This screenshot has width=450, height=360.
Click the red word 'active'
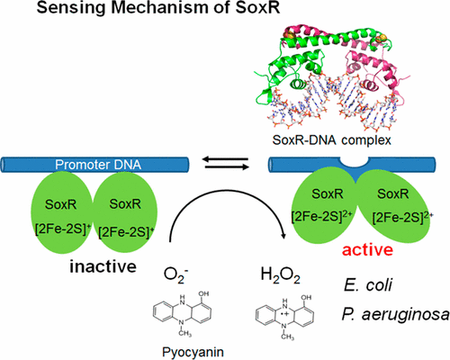pyautogui.click(x=367, y=249)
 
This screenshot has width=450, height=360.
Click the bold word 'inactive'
pyautogui.click(x=103, y=266)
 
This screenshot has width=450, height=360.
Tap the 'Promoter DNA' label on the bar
pyautogui.click(x=98, y=165)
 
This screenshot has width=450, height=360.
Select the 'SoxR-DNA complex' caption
pyautogui.click(x=331, y=140)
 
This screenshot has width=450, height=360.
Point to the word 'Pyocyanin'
pyautogui.click(x=193, y=352)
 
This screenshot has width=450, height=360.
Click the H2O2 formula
pyautogui.click(x=281, y=275)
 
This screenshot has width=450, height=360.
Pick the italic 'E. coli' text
pyautogui.click(x=368, y=284)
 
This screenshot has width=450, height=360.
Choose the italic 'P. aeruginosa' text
pyautogui.click(x=395, y=315)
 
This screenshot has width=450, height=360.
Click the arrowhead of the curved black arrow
pyautogui.click(x=282, y=235)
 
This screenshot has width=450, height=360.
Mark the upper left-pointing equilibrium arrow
pyautogui.click(x=227, y=159)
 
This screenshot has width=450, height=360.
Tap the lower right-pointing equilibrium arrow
pyautogui.click(x=227, y=166)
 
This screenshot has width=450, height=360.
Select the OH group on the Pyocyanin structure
pyautogui.click(x=203, y=293)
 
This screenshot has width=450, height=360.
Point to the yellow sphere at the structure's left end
pyautogui.click(x=285, y=36)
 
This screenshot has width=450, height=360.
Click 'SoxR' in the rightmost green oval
pyautogui.click(x=392, y=193)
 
